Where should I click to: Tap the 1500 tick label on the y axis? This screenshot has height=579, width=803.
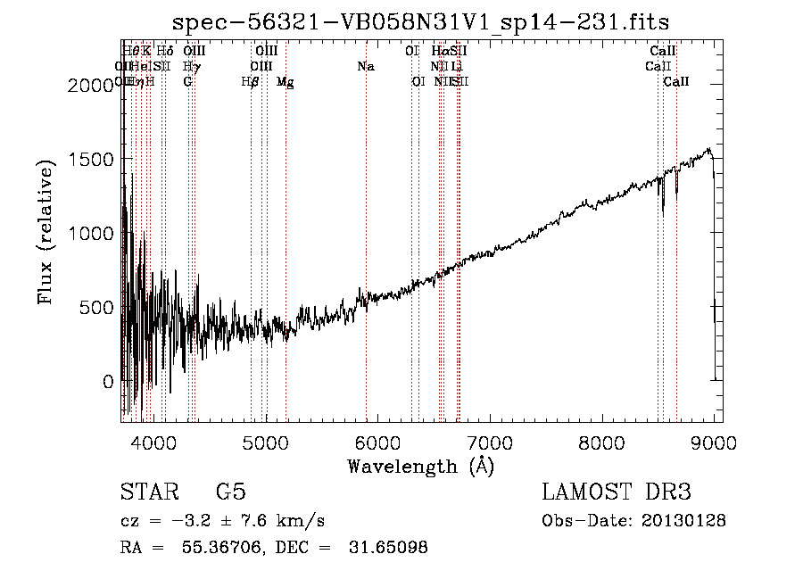click(94, 159)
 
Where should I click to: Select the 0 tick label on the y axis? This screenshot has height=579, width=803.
click(107, 382)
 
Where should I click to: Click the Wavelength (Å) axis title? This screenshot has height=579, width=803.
click(420, 465)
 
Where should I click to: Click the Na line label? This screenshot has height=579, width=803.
click(365, 66)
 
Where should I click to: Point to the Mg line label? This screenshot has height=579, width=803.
click(285, 82)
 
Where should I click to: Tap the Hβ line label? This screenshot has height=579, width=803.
click(250, 82)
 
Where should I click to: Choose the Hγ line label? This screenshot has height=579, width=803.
click(191, 66)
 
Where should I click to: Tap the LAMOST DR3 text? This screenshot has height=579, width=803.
click(617, 492)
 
